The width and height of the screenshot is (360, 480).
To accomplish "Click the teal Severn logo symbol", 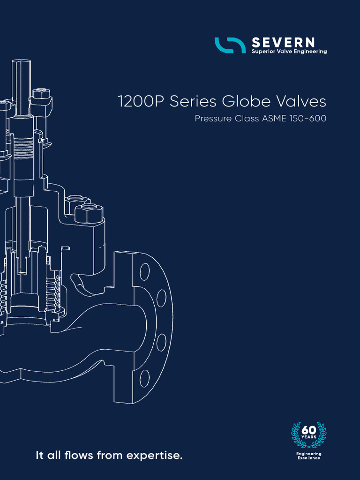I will coord(230,45).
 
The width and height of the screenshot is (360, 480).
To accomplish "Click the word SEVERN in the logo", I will coord(283,43).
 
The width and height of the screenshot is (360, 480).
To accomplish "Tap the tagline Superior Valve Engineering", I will coord(289,52).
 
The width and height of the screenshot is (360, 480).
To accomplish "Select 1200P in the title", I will coord(141,102).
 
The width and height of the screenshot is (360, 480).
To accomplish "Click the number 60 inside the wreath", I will coord(309,430).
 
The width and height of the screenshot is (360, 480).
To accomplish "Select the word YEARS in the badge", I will coord(309,437).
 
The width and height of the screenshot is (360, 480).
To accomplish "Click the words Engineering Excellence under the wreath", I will coord(309,456).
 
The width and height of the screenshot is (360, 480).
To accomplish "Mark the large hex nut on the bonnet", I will coord(88,213).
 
